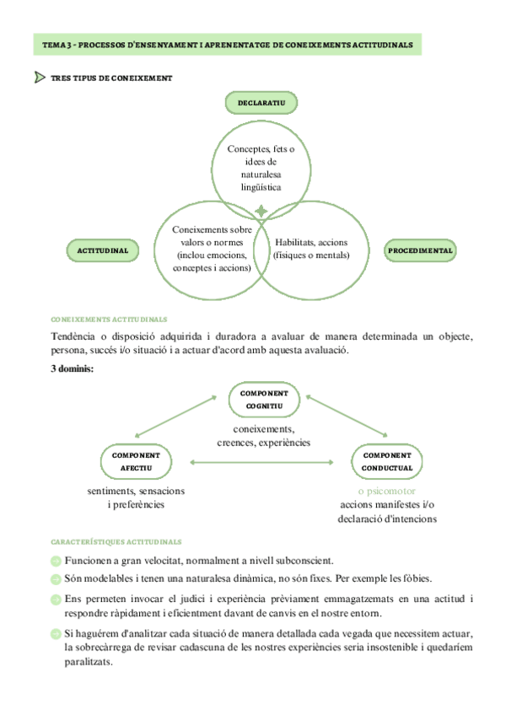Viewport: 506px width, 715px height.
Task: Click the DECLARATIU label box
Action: pos(261,103)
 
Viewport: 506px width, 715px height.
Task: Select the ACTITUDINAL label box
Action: pos(102,250)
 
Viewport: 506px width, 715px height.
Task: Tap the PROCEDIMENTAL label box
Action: pos(420,250)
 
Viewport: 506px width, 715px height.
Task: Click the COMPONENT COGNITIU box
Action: pos(264,399)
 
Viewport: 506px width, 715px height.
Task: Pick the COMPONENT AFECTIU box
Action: pos(136,461)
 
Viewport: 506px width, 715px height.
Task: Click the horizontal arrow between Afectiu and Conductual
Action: pos(262,461)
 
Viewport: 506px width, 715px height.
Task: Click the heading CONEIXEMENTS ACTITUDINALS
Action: pos(109,320)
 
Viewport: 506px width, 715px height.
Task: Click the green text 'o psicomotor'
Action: pos(386,491)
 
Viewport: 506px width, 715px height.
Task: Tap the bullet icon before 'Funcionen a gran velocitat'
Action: pos(56,561)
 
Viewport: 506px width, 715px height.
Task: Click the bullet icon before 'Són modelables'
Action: pos(56,579)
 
